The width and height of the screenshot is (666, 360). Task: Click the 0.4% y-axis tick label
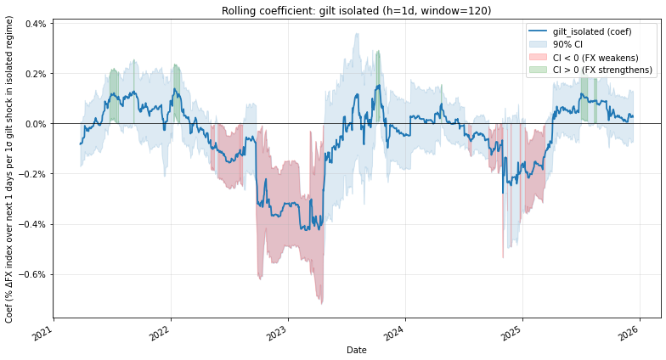[x=34, y=24]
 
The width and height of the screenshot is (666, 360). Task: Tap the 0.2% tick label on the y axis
[x=34, y=74]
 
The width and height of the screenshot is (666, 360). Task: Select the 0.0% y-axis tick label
[x=34, y=124]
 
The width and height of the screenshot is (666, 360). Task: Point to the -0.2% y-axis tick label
[x=32, y=174]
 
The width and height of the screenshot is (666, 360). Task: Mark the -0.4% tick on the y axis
[x=32, y=224]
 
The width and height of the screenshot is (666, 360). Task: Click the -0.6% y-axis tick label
[x=32, y=274]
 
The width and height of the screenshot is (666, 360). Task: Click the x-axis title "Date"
[x=357, y=350]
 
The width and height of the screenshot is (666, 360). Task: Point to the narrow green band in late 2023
[x=378, y=76]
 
